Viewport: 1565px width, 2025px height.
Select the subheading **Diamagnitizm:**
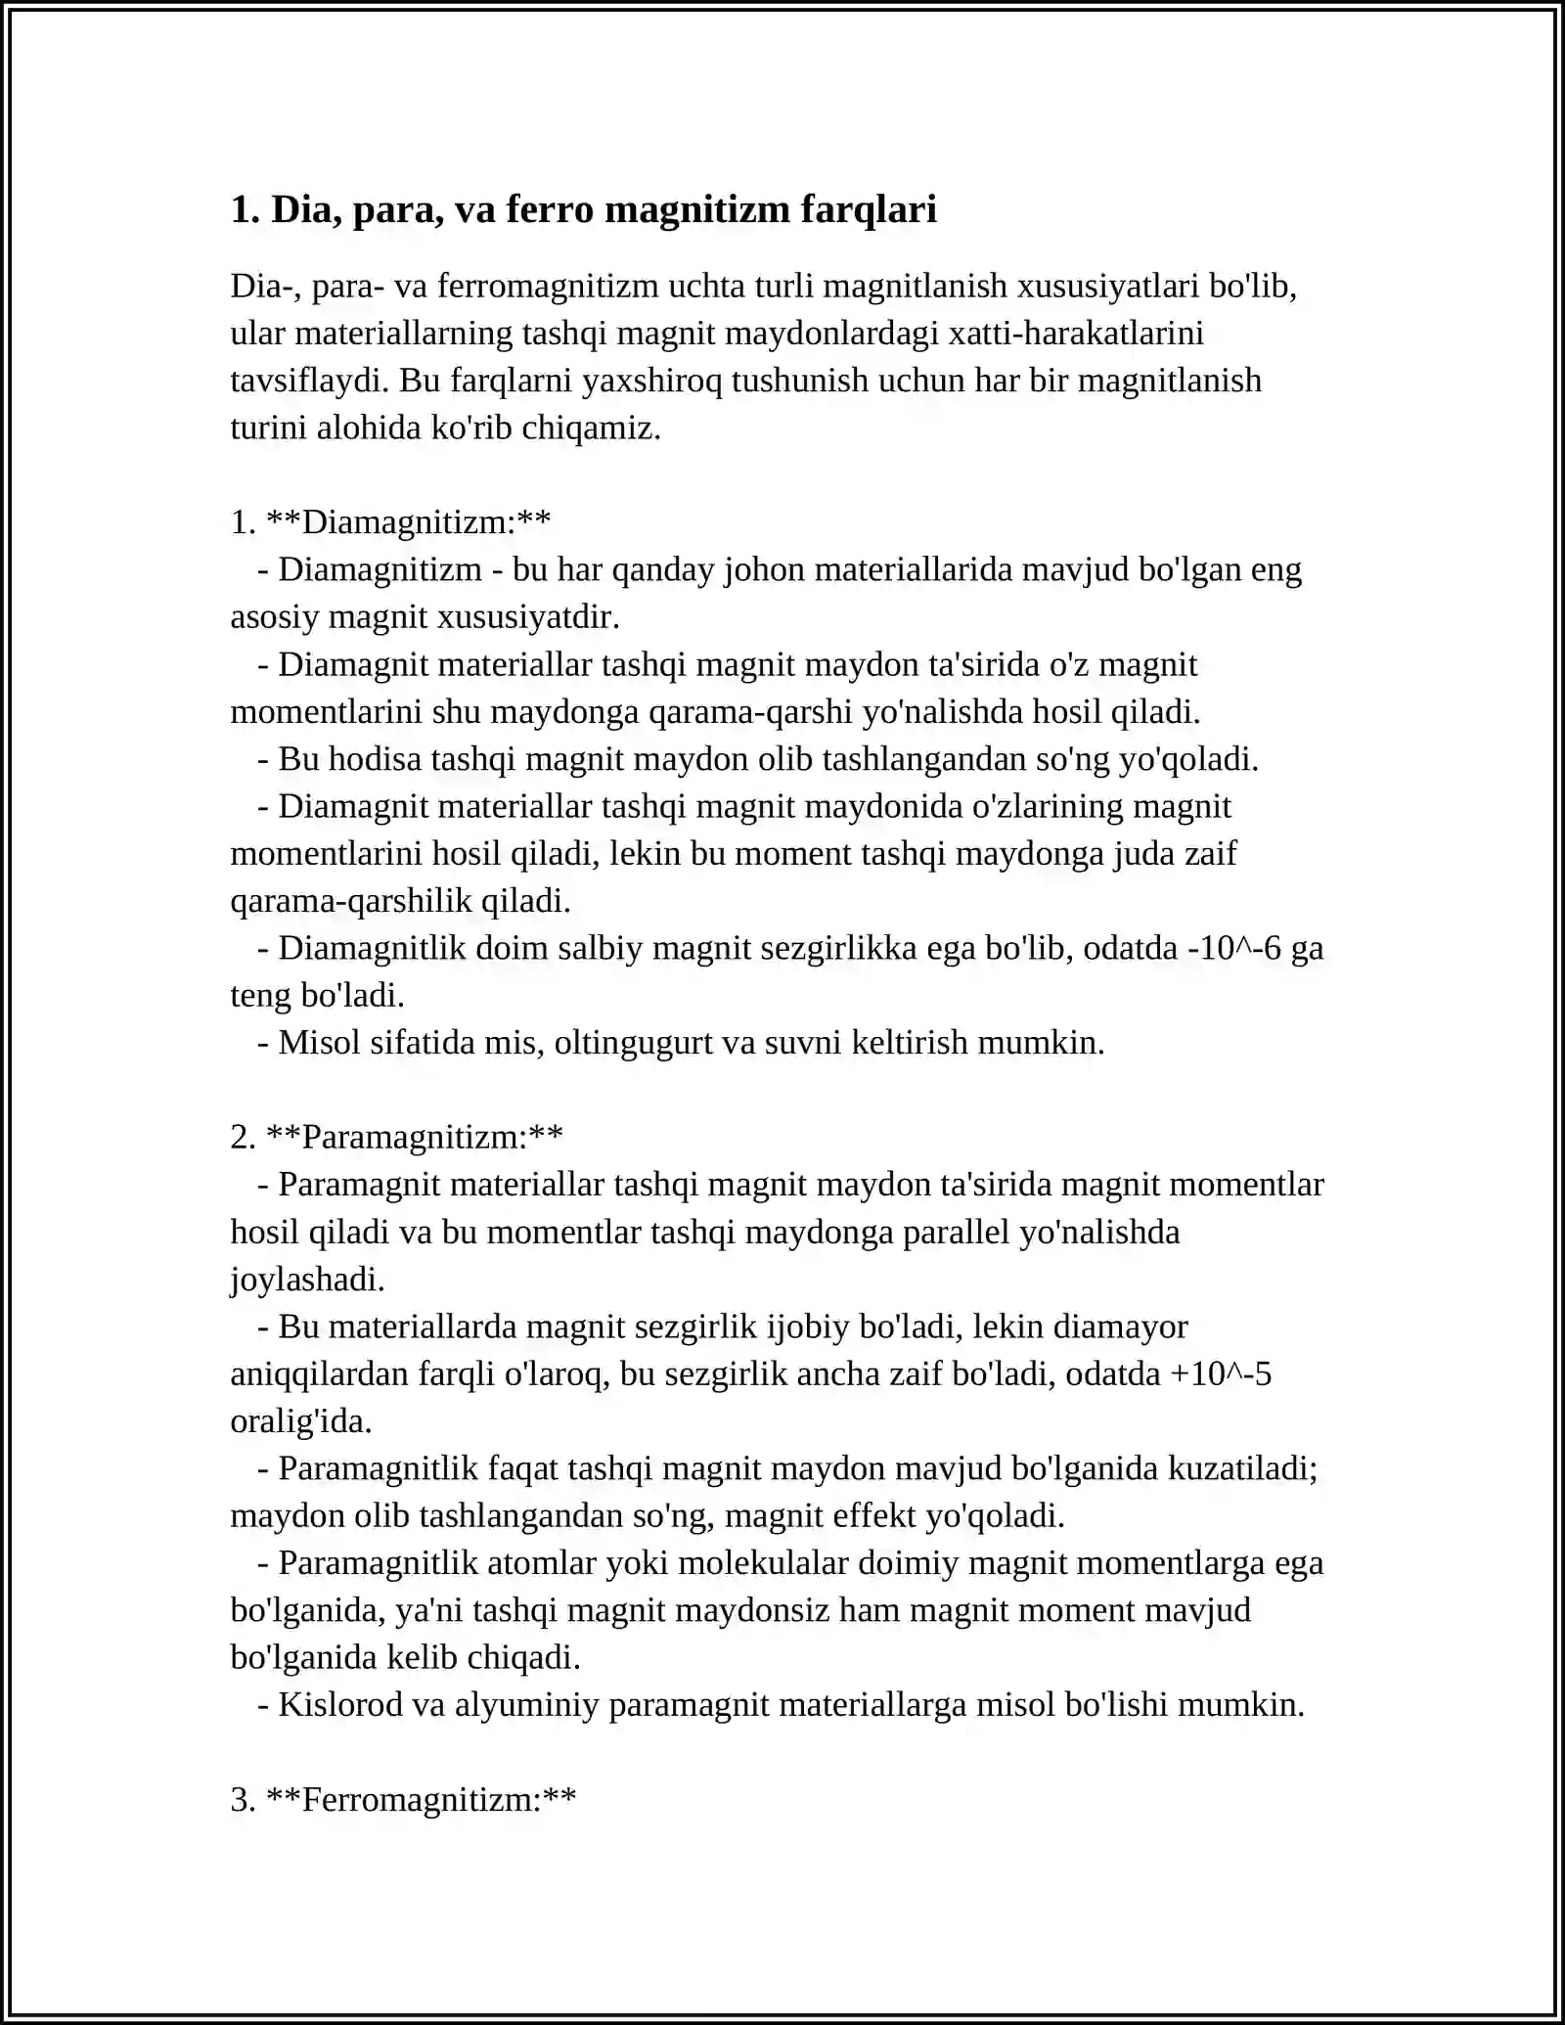coord(408,522)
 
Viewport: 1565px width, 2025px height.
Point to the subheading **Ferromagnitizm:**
coord(421,1799)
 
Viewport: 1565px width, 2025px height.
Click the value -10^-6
coord(1233,948)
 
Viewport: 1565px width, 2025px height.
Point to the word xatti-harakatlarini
coord(1077,334)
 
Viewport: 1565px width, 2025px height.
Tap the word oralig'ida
coord(300,1421)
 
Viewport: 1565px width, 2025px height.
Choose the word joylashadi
coord(307,1280)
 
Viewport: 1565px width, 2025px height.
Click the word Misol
coord(319,1043)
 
